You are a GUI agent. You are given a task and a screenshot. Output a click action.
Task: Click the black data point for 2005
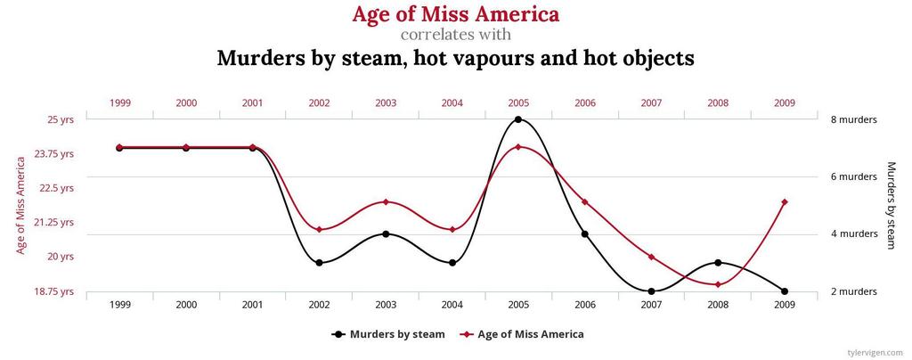point(518,119)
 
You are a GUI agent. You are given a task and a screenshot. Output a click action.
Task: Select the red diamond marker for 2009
point(785,202)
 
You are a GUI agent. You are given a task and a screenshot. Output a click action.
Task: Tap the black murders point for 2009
point(785,291)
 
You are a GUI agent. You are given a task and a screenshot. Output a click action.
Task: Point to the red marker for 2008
point(718,284)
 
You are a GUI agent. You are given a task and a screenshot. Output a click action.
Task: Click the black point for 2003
point(386,234)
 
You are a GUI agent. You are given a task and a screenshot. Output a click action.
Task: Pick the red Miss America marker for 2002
point(319,230)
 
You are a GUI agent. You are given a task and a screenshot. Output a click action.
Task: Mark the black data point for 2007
point(651,291)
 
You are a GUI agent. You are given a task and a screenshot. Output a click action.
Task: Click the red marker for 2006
point(585,202)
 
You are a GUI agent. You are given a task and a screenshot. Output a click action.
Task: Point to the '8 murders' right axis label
point(853,119)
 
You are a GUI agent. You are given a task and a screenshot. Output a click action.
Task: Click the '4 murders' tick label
point(853,234)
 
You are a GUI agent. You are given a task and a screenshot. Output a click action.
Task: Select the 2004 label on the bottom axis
point(452,305)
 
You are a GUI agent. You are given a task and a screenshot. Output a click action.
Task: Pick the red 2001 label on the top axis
point(253,103)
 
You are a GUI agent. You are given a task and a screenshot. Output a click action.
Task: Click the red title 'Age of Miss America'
point(455,15)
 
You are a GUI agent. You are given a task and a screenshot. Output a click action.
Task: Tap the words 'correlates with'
point(455,36)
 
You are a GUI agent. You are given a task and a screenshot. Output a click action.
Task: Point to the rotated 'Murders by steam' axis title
point(891,205)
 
